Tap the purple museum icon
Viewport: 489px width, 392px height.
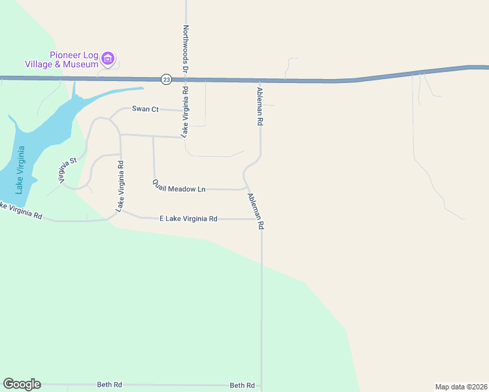[x=109, y=59]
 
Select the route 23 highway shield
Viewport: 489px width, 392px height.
[x=167, y=79]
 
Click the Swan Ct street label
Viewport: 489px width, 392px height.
[x=145, y=109]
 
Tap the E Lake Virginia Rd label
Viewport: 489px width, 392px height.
[x=188, y=219]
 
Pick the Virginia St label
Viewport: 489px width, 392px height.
[x=69, y=170]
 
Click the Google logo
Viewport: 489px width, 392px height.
[x=22, y=384]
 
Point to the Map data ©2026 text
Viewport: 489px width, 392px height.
[x=461, y=386]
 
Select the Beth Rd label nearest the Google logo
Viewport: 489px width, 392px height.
[x=109, y=385]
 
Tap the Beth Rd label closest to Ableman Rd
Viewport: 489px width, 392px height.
[x=242, y=385]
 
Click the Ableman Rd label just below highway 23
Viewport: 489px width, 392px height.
[x=260, y=106]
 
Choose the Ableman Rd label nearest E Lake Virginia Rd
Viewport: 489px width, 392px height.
[x=256, y=210]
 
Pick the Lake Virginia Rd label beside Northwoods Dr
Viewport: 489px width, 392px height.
[x=186, y=112]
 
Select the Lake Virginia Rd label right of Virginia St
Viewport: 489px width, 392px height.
[x=120, y=186]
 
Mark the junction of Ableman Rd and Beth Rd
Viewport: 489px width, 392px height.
[x=261, y=385]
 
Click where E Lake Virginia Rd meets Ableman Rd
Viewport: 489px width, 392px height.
[x=261, y=219]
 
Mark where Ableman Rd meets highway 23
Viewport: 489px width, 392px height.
[x=260, y=81]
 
